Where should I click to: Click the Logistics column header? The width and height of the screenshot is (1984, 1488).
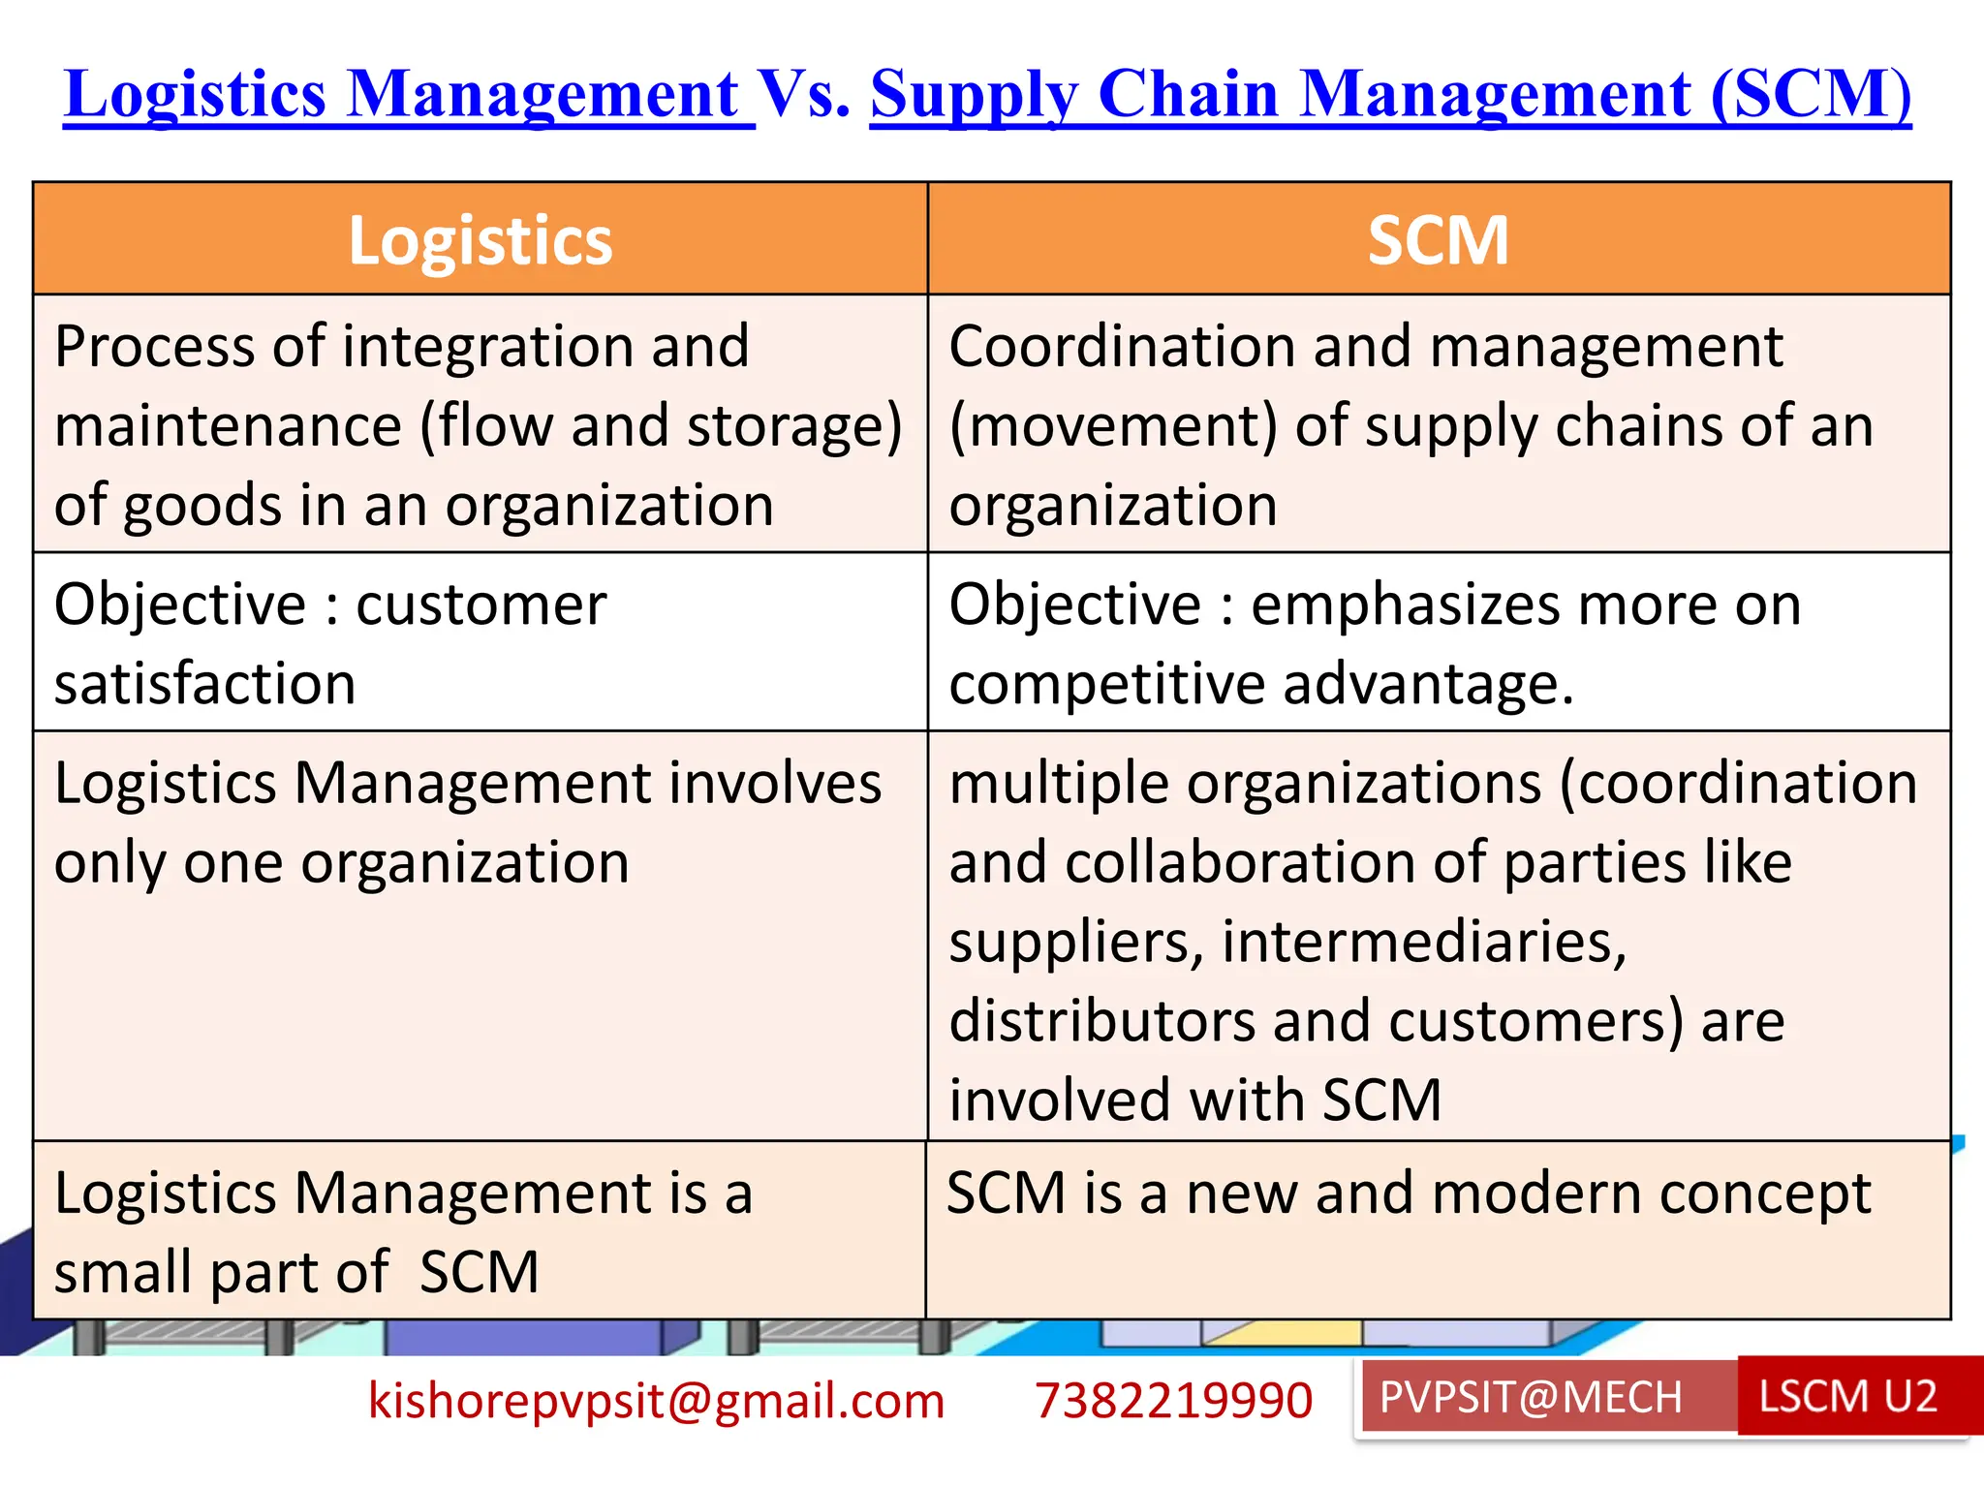tap(480, 240)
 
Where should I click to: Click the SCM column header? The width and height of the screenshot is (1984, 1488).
tap(1438, 240)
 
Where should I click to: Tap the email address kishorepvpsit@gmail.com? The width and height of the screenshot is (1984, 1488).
tap(656, 1401)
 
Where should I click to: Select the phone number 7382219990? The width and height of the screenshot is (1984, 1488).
tap(1173, 1401)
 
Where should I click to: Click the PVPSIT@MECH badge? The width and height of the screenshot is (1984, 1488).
tap(1531, 1397)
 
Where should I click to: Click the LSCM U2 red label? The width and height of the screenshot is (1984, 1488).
tap(1847, 1397)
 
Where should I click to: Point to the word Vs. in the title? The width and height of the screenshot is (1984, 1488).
tap(803, 95)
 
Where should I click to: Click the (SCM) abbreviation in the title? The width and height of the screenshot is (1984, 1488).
tap(1811, 95)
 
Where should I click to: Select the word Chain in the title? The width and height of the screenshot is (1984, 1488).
tap(1188, 95)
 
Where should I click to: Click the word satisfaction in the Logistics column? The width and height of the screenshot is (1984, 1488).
tap(204, 684)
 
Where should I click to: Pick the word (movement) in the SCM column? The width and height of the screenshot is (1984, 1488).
tap(1113, 426)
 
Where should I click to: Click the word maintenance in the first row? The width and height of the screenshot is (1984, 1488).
tap(228, 426)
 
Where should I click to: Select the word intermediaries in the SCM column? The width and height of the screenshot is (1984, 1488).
tap(1423, 942)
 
